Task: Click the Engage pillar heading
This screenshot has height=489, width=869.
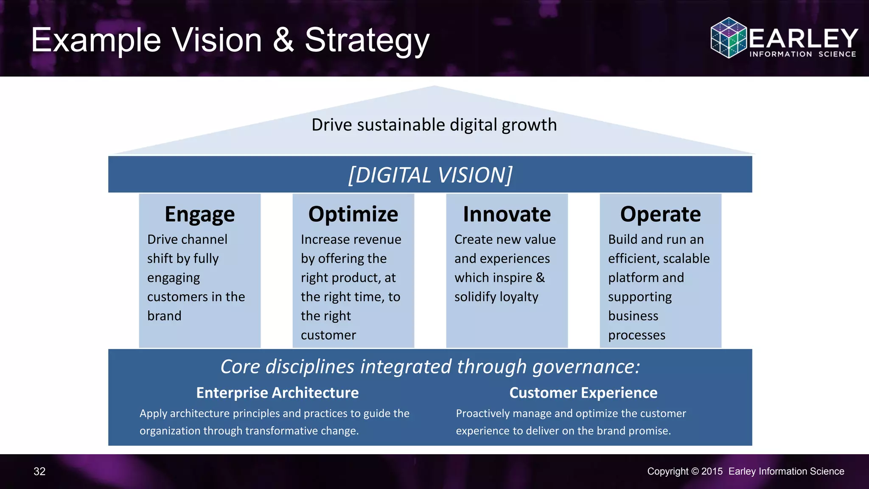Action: pos(199,214)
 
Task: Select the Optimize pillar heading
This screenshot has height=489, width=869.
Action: pos(353,214)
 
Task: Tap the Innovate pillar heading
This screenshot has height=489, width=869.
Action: pos(507,214)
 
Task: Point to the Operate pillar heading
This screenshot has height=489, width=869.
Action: pos(660,214)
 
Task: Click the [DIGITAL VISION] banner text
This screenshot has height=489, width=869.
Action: pos(430,175)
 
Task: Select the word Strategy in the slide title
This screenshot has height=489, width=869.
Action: pos(367,41)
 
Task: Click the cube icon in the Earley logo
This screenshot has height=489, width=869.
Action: pos(729,38)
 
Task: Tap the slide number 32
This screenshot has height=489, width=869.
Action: pos(39,472)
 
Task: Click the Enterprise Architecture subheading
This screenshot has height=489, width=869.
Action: pos(278,393)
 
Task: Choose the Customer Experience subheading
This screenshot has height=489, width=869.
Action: pos(583,393)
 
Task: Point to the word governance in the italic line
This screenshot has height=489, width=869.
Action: pos(586,367)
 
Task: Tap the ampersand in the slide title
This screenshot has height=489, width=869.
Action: pos(283,40)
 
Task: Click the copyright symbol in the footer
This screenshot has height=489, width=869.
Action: pos(695,472)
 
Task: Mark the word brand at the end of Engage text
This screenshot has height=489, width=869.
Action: pos(164,316)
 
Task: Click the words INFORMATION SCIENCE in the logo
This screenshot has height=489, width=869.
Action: pos(802,54)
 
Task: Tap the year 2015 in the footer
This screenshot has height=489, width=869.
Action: pos(712,472)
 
